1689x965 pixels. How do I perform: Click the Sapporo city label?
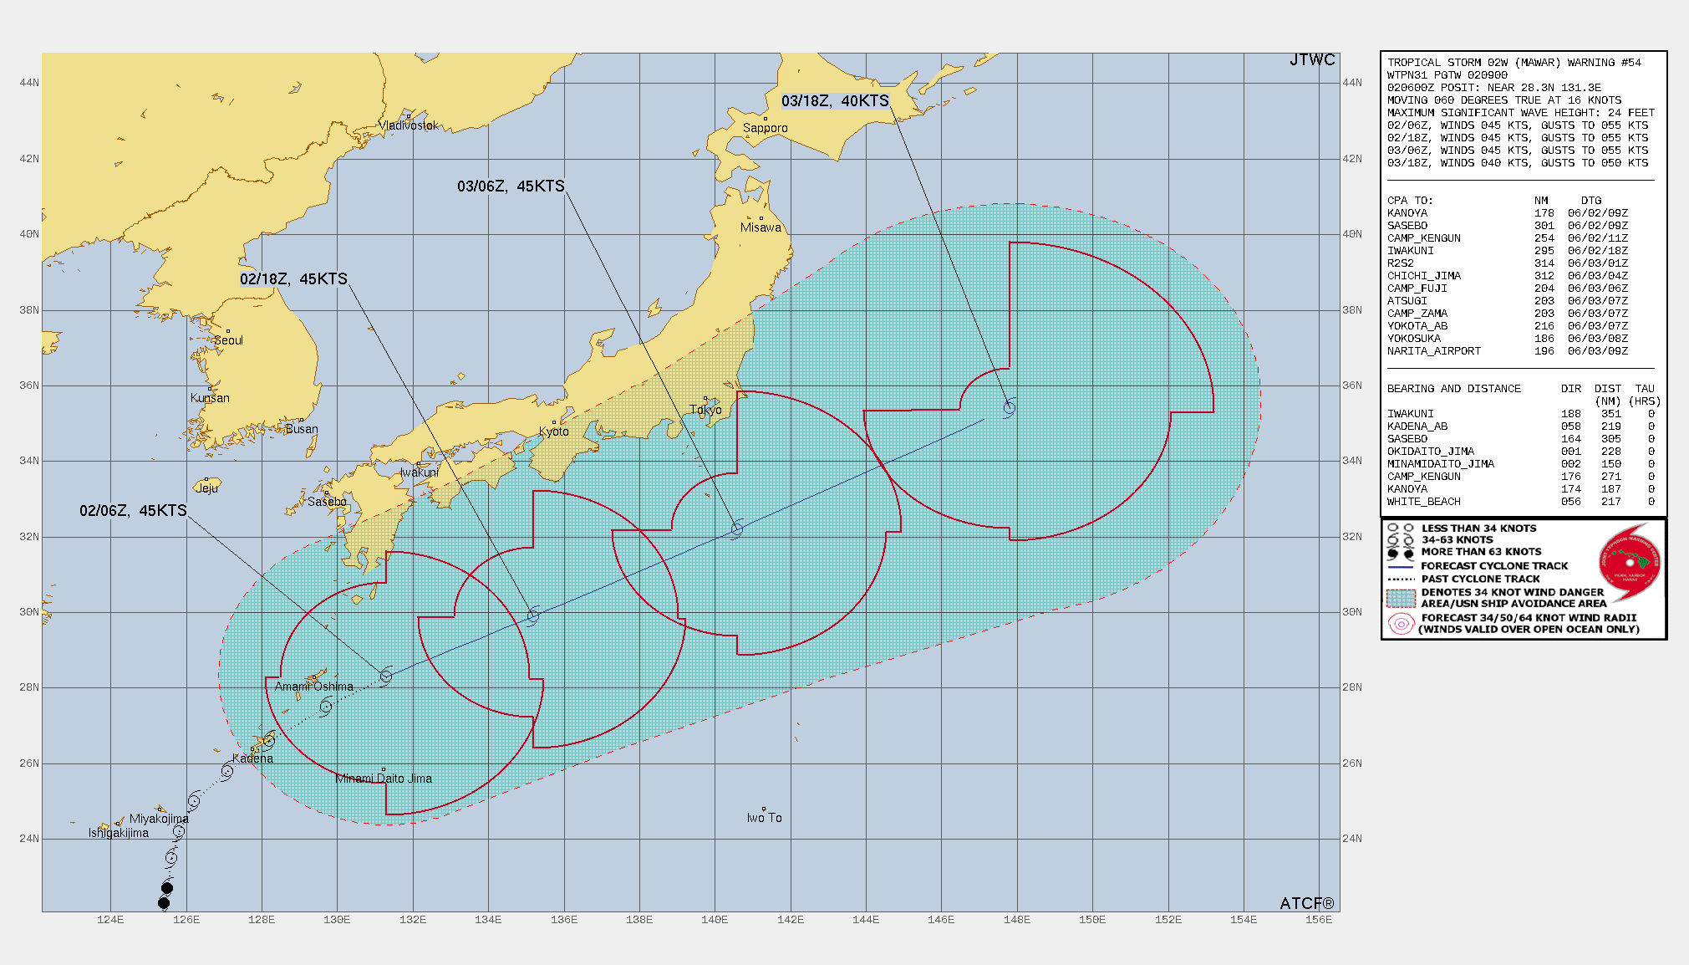(765, 128)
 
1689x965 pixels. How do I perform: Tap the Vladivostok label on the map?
(408, 125)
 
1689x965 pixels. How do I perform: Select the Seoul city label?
(228, 340)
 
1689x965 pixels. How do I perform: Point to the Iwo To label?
(764, 818)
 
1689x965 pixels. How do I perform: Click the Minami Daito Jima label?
(384, 779)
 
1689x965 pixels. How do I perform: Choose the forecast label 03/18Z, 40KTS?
(835, 101)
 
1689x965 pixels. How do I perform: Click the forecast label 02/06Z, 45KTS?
(133, 511)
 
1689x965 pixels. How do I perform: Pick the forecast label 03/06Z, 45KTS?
(511, 186)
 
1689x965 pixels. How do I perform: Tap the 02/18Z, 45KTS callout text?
(293, 279)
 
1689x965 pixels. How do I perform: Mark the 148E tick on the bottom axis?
(1016, 920)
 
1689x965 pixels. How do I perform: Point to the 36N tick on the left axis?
(29, 385)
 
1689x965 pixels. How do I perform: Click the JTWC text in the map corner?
(1312, 60)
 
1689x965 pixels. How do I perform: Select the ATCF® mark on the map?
(1307, 903)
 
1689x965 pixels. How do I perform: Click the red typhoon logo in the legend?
(1629, 562)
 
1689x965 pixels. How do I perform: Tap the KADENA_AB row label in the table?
(1417, 426)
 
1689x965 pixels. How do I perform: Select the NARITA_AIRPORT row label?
(1434, 351)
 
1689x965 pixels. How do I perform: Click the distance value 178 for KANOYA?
(1544, 213)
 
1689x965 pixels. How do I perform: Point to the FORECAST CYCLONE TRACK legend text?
(1494, 566)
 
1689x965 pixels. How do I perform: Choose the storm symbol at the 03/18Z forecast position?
(1010, 408)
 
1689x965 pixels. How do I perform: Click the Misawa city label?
(761, 227)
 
